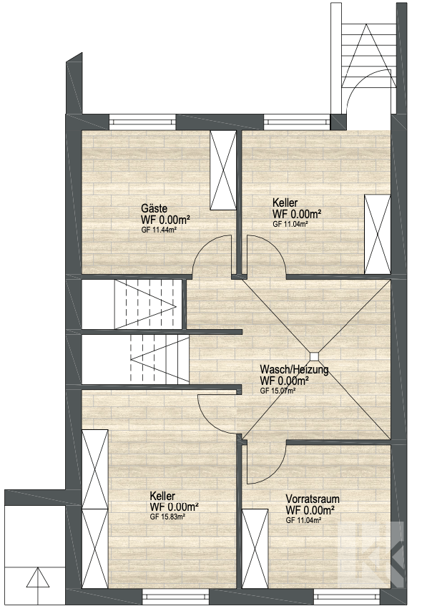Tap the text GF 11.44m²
pyautogui.click(x=159, y=230)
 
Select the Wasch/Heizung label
pyautogui.click(x=294, y=370)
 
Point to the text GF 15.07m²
pyautogui.click(x=278, y=391)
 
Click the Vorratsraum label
pyautogui.click(x=313, y=498)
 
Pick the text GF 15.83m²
pyautogui.click(x=169, y=517)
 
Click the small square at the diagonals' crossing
pyautogui.click(x=314, y=355)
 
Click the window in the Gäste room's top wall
pyautogui.click(x=142, y=121)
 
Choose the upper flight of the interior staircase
pyautogui.click(x=147, y=303)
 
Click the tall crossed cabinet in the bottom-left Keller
pyautogui.click(x=95, y=507)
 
